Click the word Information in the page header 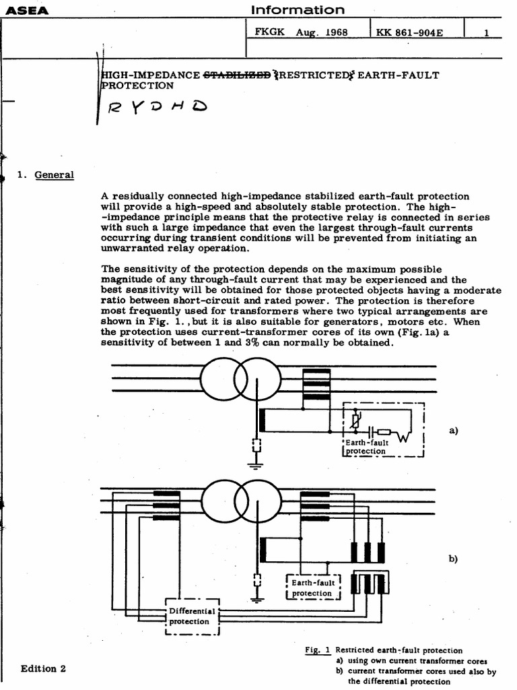[297, 9]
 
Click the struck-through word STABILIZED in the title [238, 75]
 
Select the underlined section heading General [55, 175]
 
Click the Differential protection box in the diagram [193, 617]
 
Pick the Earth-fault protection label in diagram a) [367, 447]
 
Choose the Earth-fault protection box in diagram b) [312, 588]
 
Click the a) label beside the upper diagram [452, 430]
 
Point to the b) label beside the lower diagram [452, 559]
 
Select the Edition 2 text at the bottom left [44, 668]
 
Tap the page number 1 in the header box [486, 31]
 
